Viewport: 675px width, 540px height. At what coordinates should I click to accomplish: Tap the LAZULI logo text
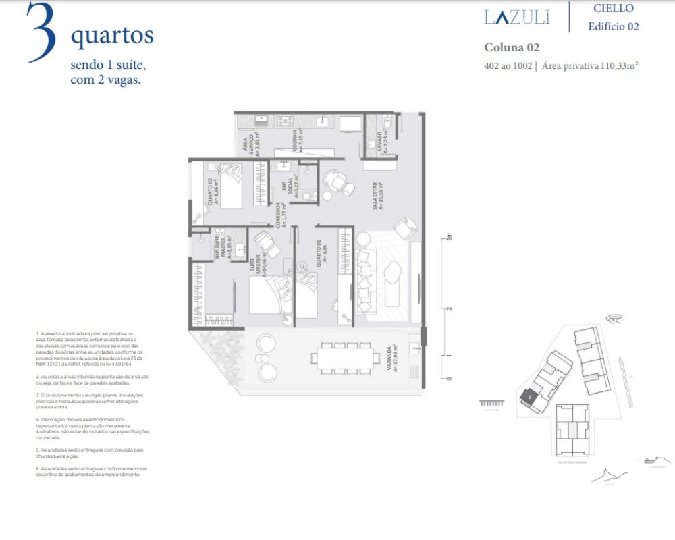(517, 17)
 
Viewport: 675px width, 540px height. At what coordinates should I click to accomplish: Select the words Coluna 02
(512, 47)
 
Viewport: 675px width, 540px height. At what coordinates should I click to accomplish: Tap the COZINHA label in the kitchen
(296, 140)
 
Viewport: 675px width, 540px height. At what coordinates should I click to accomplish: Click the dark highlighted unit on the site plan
(530, 398)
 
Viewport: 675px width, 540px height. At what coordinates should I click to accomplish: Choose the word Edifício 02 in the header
(613, 27)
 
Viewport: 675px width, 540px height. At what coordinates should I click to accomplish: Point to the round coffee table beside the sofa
(364, 239)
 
